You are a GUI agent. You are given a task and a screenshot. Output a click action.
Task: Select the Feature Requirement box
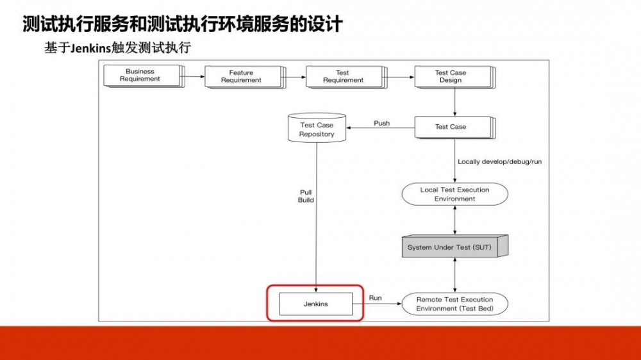coord(241,76)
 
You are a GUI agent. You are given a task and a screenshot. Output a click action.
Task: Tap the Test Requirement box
coord(342,76)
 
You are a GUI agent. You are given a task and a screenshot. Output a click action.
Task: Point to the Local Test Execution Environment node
coord(454,194)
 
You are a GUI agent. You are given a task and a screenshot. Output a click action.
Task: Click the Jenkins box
coord(315,304)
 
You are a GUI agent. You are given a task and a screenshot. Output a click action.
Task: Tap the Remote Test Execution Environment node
coord(454,304)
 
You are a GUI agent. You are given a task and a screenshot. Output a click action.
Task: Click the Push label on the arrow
coord(381,123)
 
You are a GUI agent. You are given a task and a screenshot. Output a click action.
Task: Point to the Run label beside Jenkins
coord(376,298)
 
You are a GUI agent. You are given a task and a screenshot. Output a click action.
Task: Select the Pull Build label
coord(306,196)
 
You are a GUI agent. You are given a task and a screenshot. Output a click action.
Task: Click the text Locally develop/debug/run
coord(499,161)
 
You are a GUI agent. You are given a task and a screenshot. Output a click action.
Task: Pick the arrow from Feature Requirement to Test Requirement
coord(296,77)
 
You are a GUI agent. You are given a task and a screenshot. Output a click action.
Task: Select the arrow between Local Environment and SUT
coord(454,220)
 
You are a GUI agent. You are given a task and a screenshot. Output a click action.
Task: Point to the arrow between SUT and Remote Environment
coord(454,275)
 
